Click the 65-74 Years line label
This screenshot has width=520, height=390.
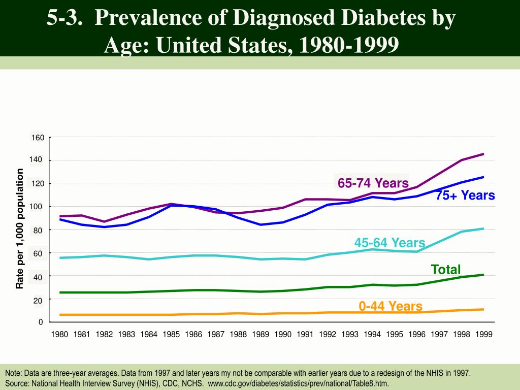click(x=373, y=183)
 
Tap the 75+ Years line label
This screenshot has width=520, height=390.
click(x=465, y=196)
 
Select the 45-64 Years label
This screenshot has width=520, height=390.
click(x=389, y=243)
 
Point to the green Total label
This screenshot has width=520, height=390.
click(x=446, y=269)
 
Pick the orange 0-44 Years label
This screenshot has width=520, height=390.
click(x=391, y=306)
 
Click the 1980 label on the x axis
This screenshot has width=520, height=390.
click(x=60, y=335)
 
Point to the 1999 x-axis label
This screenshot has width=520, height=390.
click(x=483, y=335)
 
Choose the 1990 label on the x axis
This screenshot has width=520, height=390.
click(x=283, y=335)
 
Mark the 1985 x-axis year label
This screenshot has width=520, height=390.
click(x=171, y=335)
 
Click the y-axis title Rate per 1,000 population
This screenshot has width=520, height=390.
click(x=20, y=229)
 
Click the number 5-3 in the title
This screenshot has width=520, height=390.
click(x=65, y=18)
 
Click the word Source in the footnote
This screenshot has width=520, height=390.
click(x=17, y=383)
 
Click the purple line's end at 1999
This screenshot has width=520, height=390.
click(x=483, y=153)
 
